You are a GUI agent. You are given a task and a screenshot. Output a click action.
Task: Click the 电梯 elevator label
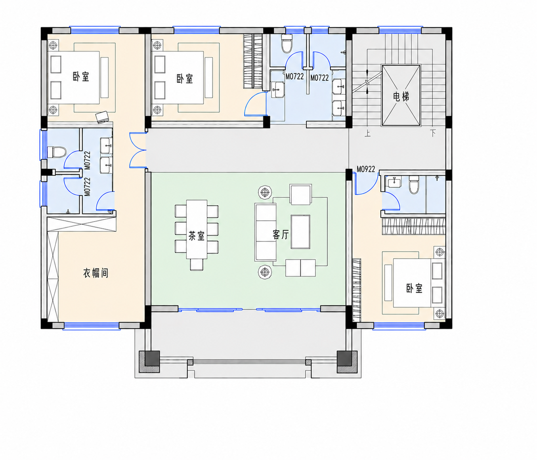(401, 97)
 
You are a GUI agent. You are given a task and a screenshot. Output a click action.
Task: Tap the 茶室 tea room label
(197, 236)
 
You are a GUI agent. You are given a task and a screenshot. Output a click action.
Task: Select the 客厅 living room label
(281, 234)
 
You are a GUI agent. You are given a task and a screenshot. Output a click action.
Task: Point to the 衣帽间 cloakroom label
(96, 273)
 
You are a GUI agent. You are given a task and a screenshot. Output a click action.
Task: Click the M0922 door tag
(366, 169)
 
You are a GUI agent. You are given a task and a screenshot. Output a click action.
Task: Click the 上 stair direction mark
(367, 134)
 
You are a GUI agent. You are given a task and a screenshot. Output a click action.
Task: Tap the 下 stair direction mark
(433, 133)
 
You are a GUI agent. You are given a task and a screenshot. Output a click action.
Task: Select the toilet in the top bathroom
(287, 43)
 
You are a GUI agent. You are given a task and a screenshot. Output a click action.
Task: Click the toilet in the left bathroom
(57, 152)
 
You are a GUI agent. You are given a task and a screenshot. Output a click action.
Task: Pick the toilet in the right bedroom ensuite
(414, 185)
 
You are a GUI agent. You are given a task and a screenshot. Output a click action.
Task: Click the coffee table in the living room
(300, 232)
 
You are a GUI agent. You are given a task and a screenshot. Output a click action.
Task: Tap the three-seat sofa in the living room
(266, 232)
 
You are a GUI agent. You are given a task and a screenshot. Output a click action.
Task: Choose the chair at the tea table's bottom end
(197, 265)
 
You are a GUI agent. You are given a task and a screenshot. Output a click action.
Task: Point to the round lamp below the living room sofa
(265, 272)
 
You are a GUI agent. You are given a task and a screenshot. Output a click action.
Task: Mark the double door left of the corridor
(138, 150)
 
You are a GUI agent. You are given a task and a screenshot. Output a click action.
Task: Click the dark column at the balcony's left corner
(149, 362)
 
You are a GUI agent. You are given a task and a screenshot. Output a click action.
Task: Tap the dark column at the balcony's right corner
(347, 362)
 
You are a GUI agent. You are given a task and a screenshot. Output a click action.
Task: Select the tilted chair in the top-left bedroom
(102, 117)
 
